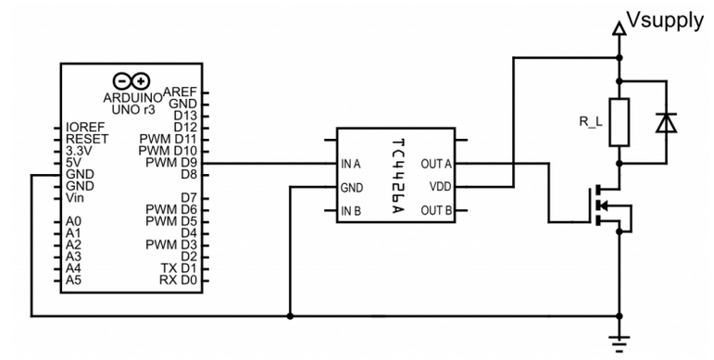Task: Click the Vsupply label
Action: [665, 21]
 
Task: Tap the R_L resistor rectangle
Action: [620, 122]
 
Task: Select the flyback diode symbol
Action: [666, 122]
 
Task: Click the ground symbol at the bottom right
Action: [620, 343]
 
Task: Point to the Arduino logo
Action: [132, 81]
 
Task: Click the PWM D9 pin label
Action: [170, 163]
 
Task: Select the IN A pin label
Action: [351, 164]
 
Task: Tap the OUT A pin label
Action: [436, 164]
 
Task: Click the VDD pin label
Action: [441, 187]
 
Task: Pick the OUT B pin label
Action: [436, 210]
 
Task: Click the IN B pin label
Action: [351, 211]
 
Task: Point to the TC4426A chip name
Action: [396, 175]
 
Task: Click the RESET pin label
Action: [87, 139]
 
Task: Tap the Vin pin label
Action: [75, 198]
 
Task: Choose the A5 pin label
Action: [73, 279]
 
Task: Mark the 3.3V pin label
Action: [80, 151]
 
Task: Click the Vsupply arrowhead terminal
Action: [620, 28]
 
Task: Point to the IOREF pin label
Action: [85, 127]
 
